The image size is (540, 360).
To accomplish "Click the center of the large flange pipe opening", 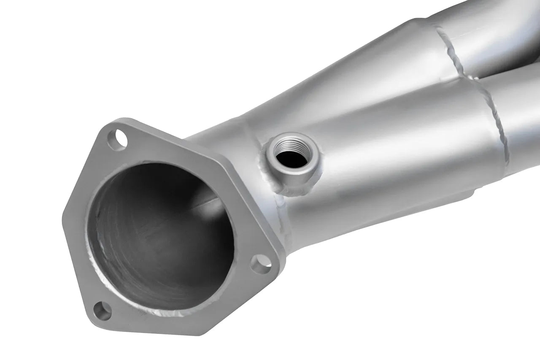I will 160,236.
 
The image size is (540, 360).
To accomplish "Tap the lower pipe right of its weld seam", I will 523,127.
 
